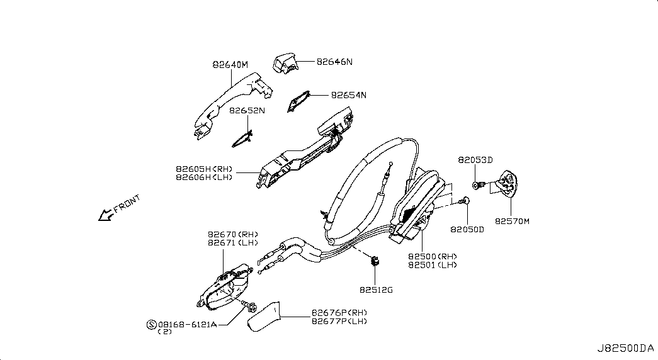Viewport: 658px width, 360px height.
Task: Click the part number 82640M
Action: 230,65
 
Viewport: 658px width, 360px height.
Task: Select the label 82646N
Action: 334,62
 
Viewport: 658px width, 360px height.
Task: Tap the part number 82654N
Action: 349,95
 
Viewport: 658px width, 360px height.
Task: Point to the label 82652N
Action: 247,111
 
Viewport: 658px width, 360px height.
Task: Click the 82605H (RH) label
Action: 204,169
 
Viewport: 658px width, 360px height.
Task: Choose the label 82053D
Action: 475,160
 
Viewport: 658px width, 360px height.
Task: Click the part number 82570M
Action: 512,221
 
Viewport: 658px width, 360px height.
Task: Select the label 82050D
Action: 467,230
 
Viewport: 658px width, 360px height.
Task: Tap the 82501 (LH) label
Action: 433,265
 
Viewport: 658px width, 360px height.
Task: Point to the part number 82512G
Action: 376,290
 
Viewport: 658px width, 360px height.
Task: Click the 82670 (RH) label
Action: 233,235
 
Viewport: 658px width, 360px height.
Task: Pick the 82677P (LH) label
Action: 339,322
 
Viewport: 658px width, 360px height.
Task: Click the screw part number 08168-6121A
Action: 188,324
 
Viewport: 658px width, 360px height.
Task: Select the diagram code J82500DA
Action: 626,348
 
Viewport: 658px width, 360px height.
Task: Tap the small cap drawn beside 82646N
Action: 285,63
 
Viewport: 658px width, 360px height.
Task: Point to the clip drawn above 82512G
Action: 375,261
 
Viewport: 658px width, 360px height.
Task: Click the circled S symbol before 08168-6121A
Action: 152,324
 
